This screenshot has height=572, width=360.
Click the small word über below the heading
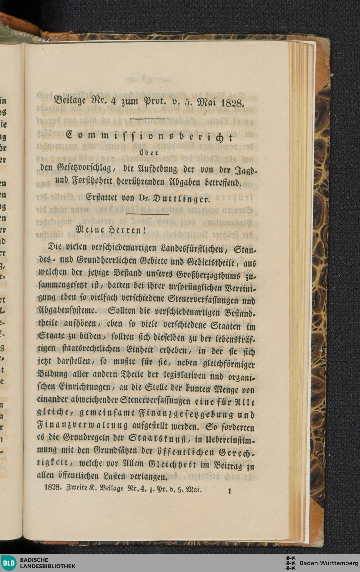[x=146, y=152]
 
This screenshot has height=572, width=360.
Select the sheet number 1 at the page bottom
[x=229, y=491]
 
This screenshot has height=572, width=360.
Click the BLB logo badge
[x=9, y=563]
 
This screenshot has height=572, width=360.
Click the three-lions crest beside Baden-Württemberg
[x=290, y=563]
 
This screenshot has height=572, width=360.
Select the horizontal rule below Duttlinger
[x=149, y=215]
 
